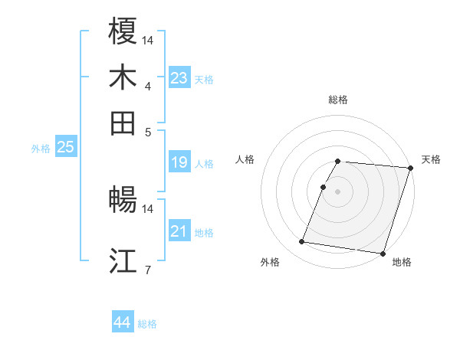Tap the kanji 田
[x=123, y=123]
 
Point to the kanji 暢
[x=123, y=201]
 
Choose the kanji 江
[x=123, y=260]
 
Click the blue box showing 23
[x=179, y=78]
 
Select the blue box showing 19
[x=179, y=162]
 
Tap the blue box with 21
[x=179, y=231]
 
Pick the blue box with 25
[x=66, y=148]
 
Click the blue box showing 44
[x=123, y=323]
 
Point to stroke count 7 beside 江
[x=148, y=269]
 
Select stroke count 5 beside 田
[x=148, y=131]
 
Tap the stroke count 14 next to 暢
[x=148, y=208]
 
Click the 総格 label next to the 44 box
[x=147, y=324]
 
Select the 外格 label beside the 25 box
[x=40, y=149]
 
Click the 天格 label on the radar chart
[x=431, y=159]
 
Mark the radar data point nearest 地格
[x=382, y=253]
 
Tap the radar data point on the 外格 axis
[x=302, y=242]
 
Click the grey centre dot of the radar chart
[x=338, y=191]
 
